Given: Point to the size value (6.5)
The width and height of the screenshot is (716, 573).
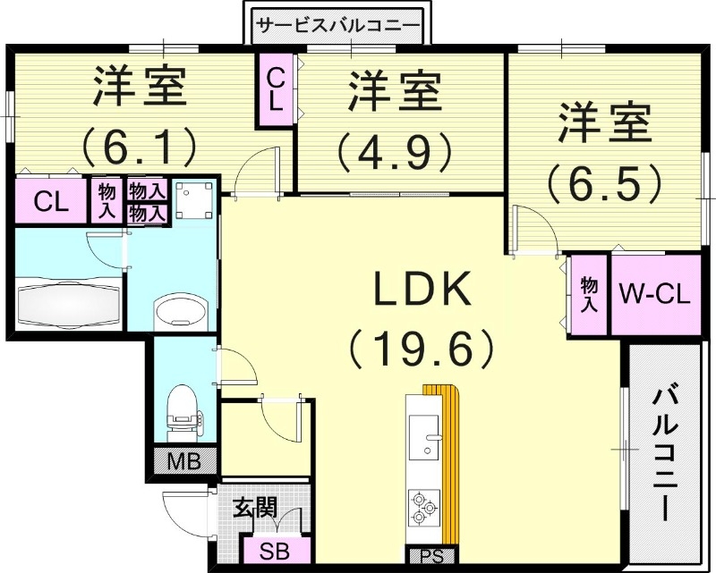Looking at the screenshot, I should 605,181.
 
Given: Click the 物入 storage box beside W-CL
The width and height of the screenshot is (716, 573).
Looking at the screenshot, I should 589,294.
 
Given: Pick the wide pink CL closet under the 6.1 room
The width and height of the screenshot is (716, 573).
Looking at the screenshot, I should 50,201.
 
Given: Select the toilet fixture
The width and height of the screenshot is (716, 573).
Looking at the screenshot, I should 183,407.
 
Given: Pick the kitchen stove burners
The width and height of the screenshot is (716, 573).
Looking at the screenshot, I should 422,509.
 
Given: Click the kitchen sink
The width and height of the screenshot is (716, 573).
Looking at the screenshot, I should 427,442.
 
